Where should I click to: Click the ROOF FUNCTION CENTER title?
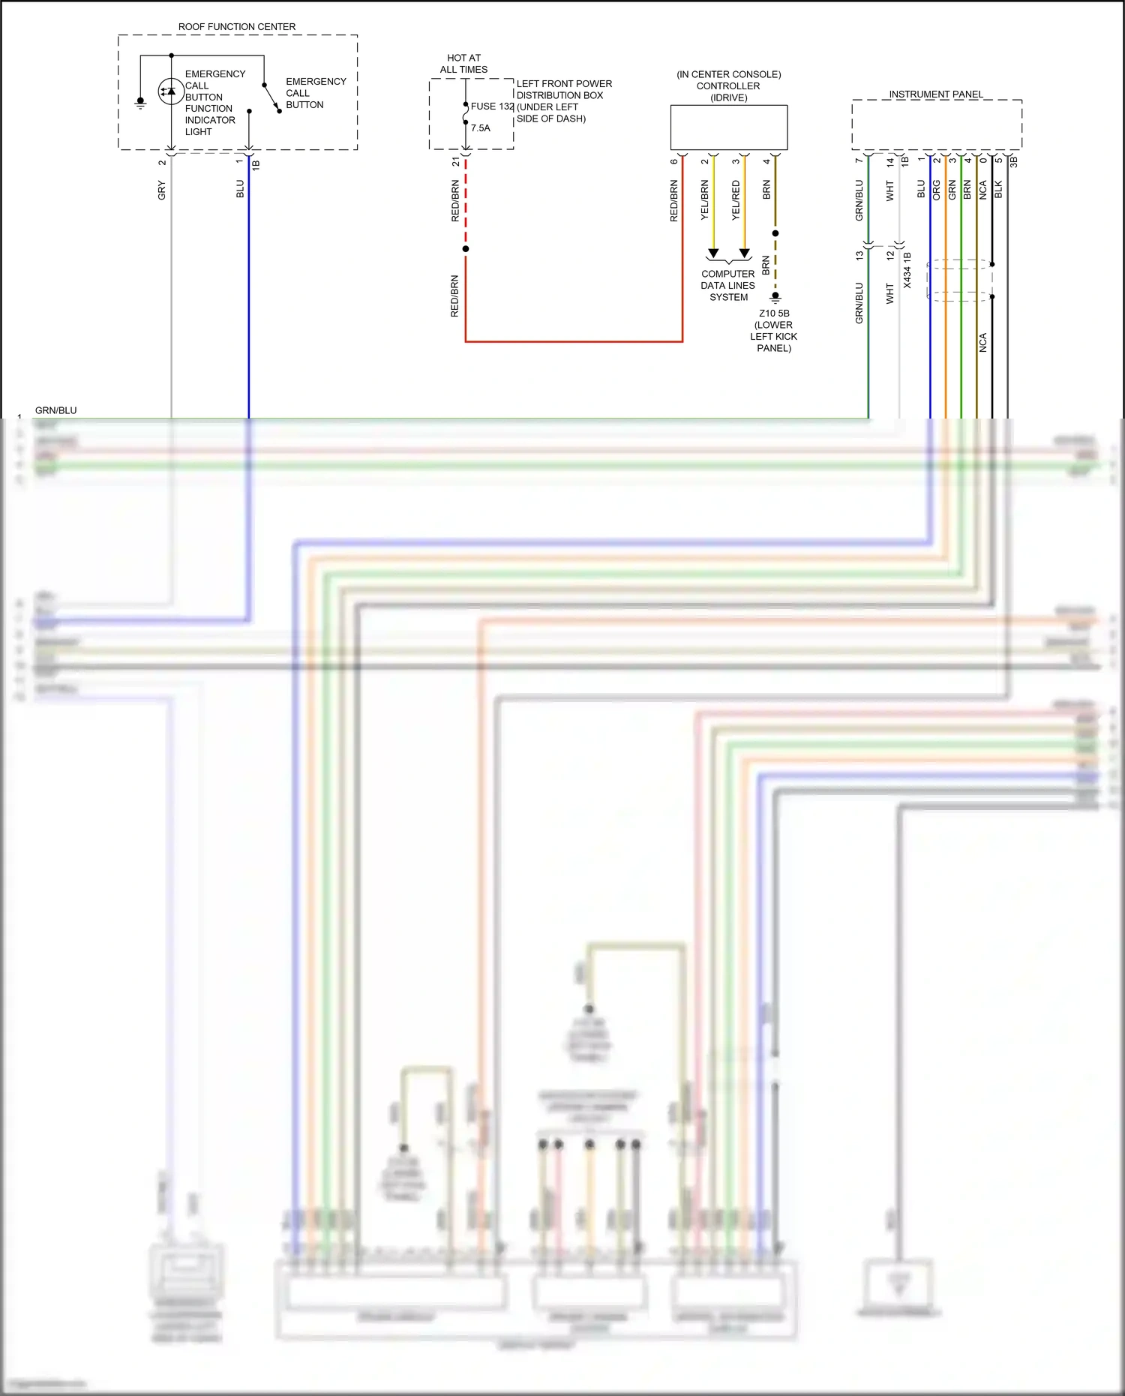point(237,27)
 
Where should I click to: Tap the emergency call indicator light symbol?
point(170,92)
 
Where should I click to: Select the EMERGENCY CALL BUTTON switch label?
point(316,93)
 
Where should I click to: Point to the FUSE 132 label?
point(492,107)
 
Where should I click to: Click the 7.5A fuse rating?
point(481,128)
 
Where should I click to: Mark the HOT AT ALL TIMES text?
point(463,64)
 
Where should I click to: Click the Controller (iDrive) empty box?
point(728,128)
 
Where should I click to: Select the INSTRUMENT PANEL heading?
point(935,95)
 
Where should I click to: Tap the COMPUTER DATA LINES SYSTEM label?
point(728,286)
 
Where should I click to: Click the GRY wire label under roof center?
point(162,191)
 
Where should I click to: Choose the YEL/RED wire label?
point(736,200)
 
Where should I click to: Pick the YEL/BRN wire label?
point(705,200)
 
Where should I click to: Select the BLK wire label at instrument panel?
point(998,190)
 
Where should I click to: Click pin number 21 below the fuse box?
point(456,161)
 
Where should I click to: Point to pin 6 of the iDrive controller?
point(674,161)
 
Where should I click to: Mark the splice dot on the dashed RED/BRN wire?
point(466,249)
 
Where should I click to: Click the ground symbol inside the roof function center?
point(140,103)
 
